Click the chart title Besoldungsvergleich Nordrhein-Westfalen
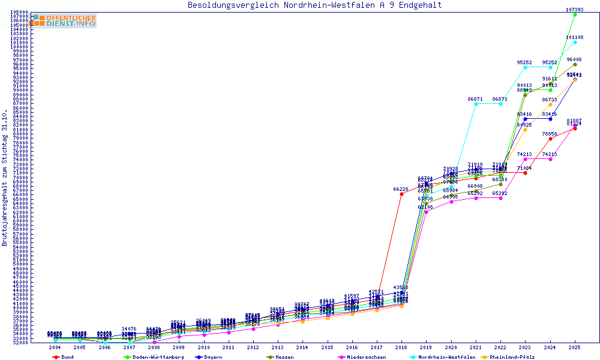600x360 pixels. [x=314, y=5]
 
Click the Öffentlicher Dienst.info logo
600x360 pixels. [x=63, y=21]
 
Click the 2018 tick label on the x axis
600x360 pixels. [x=401, y=347]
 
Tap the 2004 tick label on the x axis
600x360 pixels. [x=55, y=347]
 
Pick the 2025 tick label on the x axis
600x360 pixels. [x=575, y=347]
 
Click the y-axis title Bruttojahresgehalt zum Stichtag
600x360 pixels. [x=5, y=178]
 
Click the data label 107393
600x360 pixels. [x=575, y=10]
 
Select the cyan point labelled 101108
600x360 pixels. [x=575, y=42]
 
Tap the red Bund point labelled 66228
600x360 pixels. [x=401, y=194]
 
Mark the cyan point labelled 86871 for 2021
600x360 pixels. [x=476, y=104]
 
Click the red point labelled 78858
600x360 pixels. [x=550, y=139]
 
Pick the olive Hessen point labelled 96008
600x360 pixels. [x=575, y=64]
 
